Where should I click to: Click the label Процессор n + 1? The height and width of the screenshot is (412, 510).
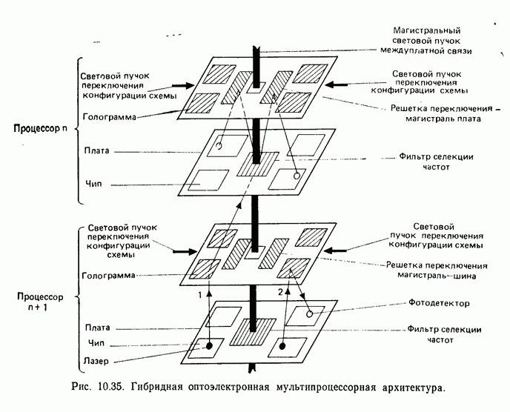42,303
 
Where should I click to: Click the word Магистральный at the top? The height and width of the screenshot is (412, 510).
431,30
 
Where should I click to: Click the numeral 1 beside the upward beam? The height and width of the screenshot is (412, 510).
199,293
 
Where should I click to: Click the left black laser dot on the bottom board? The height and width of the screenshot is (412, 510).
210,345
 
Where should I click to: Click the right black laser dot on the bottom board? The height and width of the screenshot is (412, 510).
283,345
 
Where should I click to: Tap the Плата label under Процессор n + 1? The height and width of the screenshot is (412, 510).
96,327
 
